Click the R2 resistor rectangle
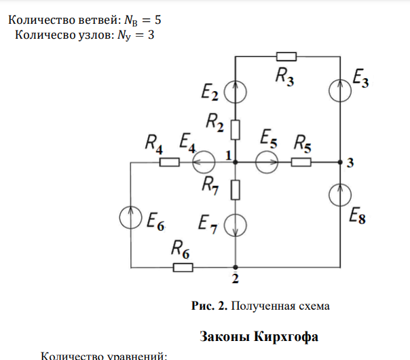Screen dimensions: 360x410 (235, 128)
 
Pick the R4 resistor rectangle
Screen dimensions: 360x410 (169, 162)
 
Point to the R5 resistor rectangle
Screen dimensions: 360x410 (301, 162)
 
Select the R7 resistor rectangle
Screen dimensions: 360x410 (235, 190)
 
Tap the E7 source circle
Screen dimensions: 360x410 (235, 223)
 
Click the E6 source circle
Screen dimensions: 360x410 (131, 217)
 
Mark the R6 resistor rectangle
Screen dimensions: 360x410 (183, 267)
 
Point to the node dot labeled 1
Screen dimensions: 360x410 (235, 162)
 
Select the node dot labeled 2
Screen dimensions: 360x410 (235, 267)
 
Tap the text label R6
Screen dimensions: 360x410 (180, 249)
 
